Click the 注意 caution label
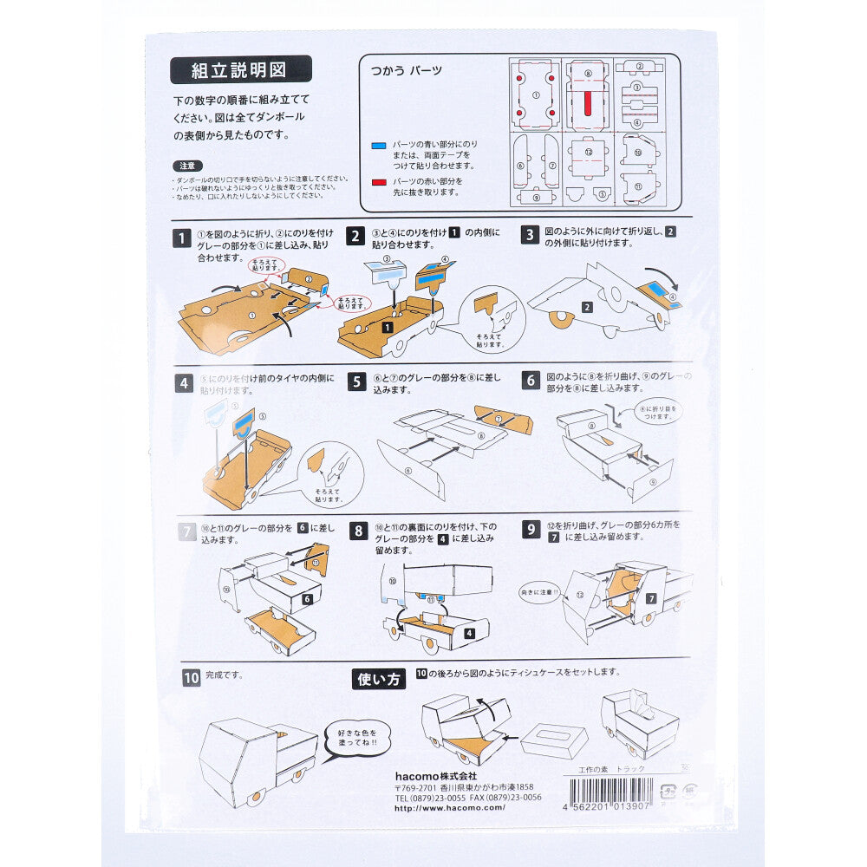tap(186, 165)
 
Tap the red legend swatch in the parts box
tap(379, 182)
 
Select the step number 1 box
tap(182, 238)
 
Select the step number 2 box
tap(355, 238)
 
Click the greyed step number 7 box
tap(186, 531)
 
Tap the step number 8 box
tap(359, 531)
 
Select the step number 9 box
tap(531, 530)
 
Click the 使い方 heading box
tap(379, 679)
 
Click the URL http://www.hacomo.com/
tap(449, 807)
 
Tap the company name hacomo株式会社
tap(435, 775)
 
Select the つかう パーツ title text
tap(407, 70)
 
